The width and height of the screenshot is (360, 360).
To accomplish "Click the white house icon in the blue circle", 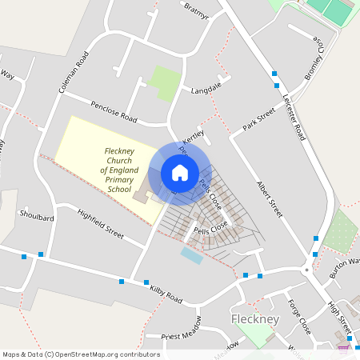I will [179, 173].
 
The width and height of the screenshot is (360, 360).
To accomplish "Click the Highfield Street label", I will [101, 224].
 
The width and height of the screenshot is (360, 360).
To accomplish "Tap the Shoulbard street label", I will [37, 217].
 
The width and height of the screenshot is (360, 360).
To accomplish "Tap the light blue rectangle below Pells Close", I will [191, 255].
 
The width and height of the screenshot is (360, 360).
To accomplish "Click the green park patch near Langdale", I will [165, 82].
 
